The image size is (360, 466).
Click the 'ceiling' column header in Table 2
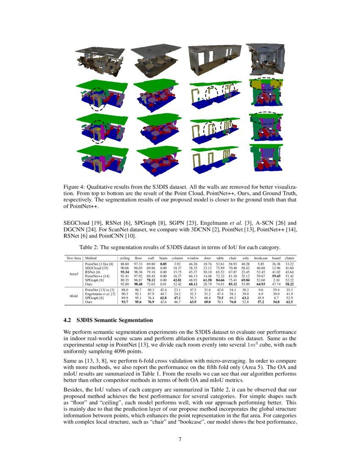(x=125, y=258)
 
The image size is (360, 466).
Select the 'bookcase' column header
(x=260, y=258)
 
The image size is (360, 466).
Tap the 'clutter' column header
(x=290, y=258)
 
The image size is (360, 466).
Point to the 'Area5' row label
(x=73, y=274)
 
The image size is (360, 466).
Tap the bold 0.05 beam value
(x=163, y=264)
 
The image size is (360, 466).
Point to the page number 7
(x=180, y=439)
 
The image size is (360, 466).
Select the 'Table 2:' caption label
(x=91, y=247)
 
